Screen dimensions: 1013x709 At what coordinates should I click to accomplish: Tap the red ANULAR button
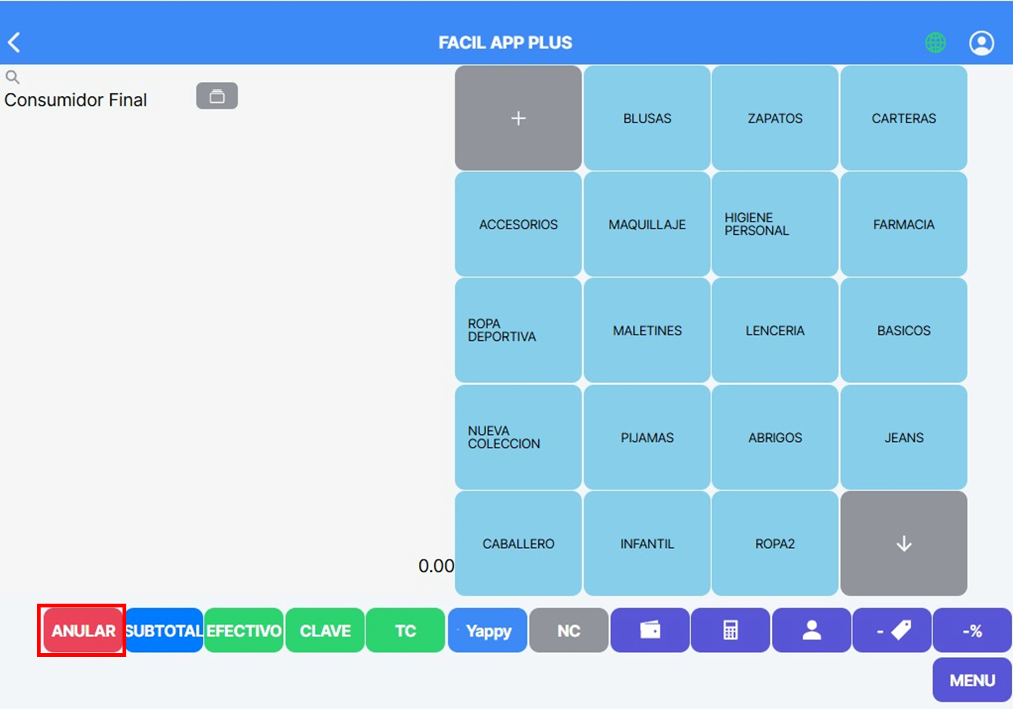click(x=83, y=630)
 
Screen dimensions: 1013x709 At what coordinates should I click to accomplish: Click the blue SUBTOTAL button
click(x=164, y=630)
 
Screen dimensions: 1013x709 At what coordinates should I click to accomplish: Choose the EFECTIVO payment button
click(x=244, y=630)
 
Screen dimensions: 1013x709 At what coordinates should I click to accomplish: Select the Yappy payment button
click(x=487, y=630)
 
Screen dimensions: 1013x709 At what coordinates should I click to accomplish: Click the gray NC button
click(x=569, y=630)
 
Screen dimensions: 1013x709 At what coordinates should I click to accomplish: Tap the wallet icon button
click(x=650, y=630)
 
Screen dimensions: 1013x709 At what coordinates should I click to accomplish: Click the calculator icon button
click(x=731, y=630)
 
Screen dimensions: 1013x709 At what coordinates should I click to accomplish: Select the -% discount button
click(x=972, y=630)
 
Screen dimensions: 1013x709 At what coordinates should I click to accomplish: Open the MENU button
click(x=972, y=680)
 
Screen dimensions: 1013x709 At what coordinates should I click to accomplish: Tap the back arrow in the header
click(x=14, y=43)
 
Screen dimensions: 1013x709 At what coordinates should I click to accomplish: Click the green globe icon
click(x=935, y=43)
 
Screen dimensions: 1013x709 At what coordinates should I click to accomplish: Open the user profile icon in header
click(x=981, y=43)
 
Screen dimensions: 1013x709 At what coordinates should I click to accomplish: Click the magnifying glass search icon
click(x=12, y=77)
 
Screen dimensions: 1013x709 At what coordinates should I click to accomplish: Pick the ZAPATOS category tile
click(x=775, y=118)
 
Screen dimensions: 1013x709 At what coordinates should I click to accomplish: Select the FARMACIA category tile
click(x=904, y=224)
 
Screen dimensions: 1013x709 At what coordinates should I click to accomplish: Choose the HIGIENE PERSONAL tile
click(x=775, y=224)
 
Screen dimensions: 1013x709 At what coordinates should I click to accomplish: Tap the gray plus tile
click(x=519, y=118)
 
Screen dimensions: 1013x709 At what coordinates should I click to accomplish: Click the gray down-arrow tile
click(x=904, y=543)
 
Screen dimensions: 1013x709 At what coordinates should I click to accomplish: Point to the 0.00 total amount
click(x=436, y=566)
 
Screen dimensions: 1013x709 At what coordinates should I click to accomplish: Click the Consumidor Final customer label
click(x=76, y=100)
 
